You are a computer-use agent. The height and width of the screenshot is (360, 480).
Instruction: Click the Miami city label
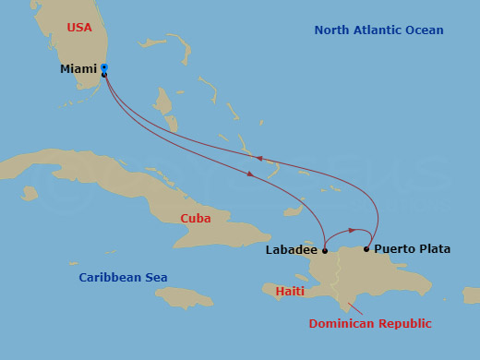(x=78, y=69)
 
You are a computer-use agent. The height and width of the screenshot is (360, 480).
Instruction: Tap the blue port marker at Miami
(x=104, y=67)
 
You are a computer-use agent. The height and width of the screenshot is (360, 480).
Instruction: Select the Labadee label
(x=291, y=250)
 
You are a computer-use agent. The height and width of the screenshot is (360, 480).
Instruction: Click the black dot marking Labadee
(x=325, y=250)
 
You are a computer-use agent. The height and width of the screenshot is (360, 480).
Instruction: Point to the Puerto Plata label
(x=413, y=249)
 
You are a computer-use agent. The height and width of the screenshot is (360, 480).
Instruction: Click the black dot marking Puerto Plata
(x=366, y=249)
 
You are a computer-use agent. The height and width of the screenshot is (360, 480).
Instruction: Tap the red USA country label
(x=79, y=28)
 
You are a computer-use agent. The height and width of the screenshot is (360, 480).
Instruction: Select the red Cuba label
(x=196, y=219)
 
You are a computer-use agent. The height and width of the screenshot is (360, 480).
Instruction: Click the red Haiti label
(x=290, y=292)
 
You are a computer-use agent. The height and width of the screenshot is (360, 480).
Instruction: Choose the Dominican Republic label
(x=370, y=324)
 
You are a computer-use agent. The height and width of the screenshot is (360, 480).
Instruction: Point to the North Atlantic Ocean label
(x=378, y=30)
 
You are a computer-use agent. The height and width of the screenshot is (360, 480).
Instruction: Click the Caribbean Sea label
(x=123, y=278)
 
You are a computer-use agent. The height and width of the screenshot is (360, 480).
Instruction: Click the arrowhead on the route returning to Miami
(x=260, y=159)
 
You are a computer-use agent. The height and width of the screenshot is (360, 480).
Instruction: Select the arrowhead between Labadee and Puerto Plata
(x=351, y=230)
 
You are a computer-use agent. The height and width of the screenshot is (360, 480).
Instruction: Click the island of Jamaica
(x=185, y=297)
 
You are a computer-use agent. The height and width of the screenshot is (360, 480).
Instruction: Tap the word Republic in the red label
(x=402, y=324)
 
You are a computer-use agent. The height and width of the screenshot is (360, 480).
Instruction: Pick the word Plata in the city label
(x=434, y=249)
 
